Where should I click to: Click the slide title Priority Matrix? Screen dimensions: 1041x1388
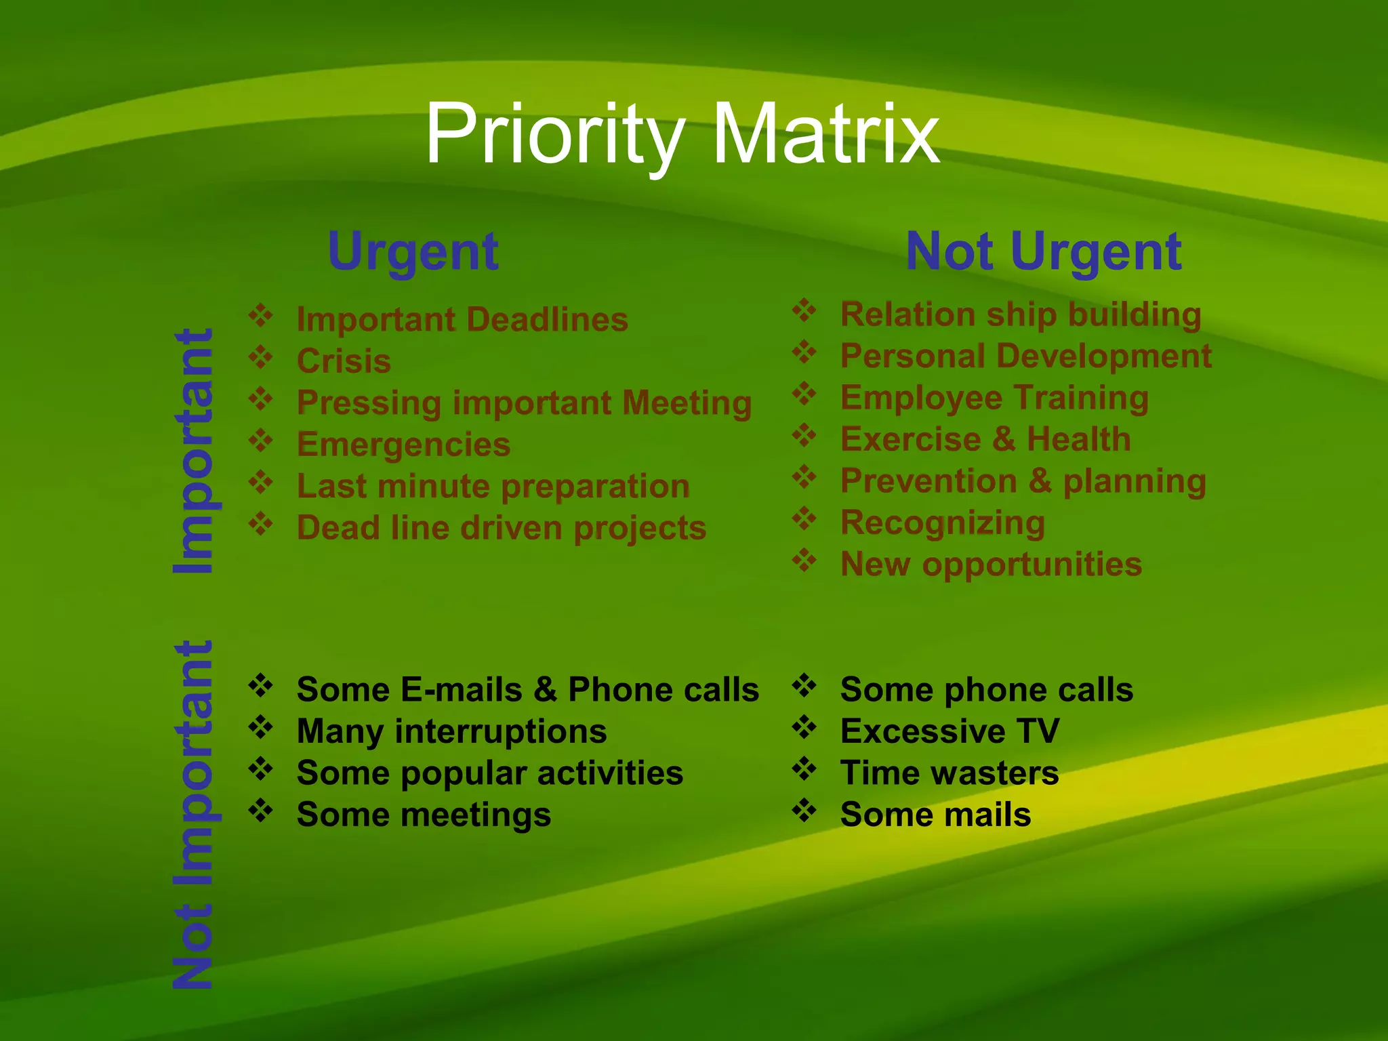pyautogui.click(x=682, y=134)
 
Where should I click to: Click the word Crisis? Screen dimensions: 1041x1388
pyautogui.click(x=344, y=361)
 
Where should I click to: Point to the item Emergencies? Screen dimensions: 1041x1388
pyautogui.click(x=403, y=445)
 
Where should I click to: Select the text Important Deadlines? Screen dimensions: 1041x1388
pyautogui.click(x=462, y=319)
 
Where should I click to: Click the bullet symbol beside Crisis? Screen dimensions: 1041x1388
pyautogui.click(x=260, y=356)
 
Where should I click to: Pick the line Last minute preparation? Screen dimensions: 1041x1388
pyautogui.click(x=493, y=487)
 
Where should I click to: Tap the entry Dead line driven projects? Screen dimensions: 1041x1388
pyautogui.click(x=502, y=528)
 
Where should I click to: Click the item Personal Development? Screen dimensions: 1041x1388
pyautogui.click(x=1025, y=356)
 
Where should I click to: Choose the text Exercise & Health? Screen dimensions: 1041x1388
pyautogui.click(x=985, y=439)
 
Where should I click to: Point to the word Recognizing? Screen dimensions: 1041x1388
pyautogui.click(x=943, y=523)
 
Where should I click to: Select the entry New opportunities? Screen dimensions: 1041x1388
pyautogui.click(x=991, y=565)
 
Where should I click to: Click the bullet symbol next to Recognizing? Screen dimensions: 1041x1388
pyautogui.click(x=804, y=518)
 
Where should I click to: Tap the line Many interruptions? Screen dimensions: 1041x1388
pyautogui.click(x=451, y=731)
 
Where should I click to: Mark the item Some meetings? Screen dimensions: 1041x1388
pyautogui.click(x=424, y=815)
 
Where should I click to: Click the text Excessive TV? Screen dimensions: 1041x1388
pyautogui.click(x=950, y=731)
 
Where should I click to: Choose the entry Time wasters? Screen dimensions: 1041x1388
pyautogui.click(x=949, y=773)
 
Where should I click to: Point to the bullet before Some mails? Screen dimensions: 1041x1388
pyautogui.click(x=804, y=810)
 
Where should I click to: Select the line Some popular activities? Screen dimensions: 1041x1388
pyautogui.click(x=489, y=773)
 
